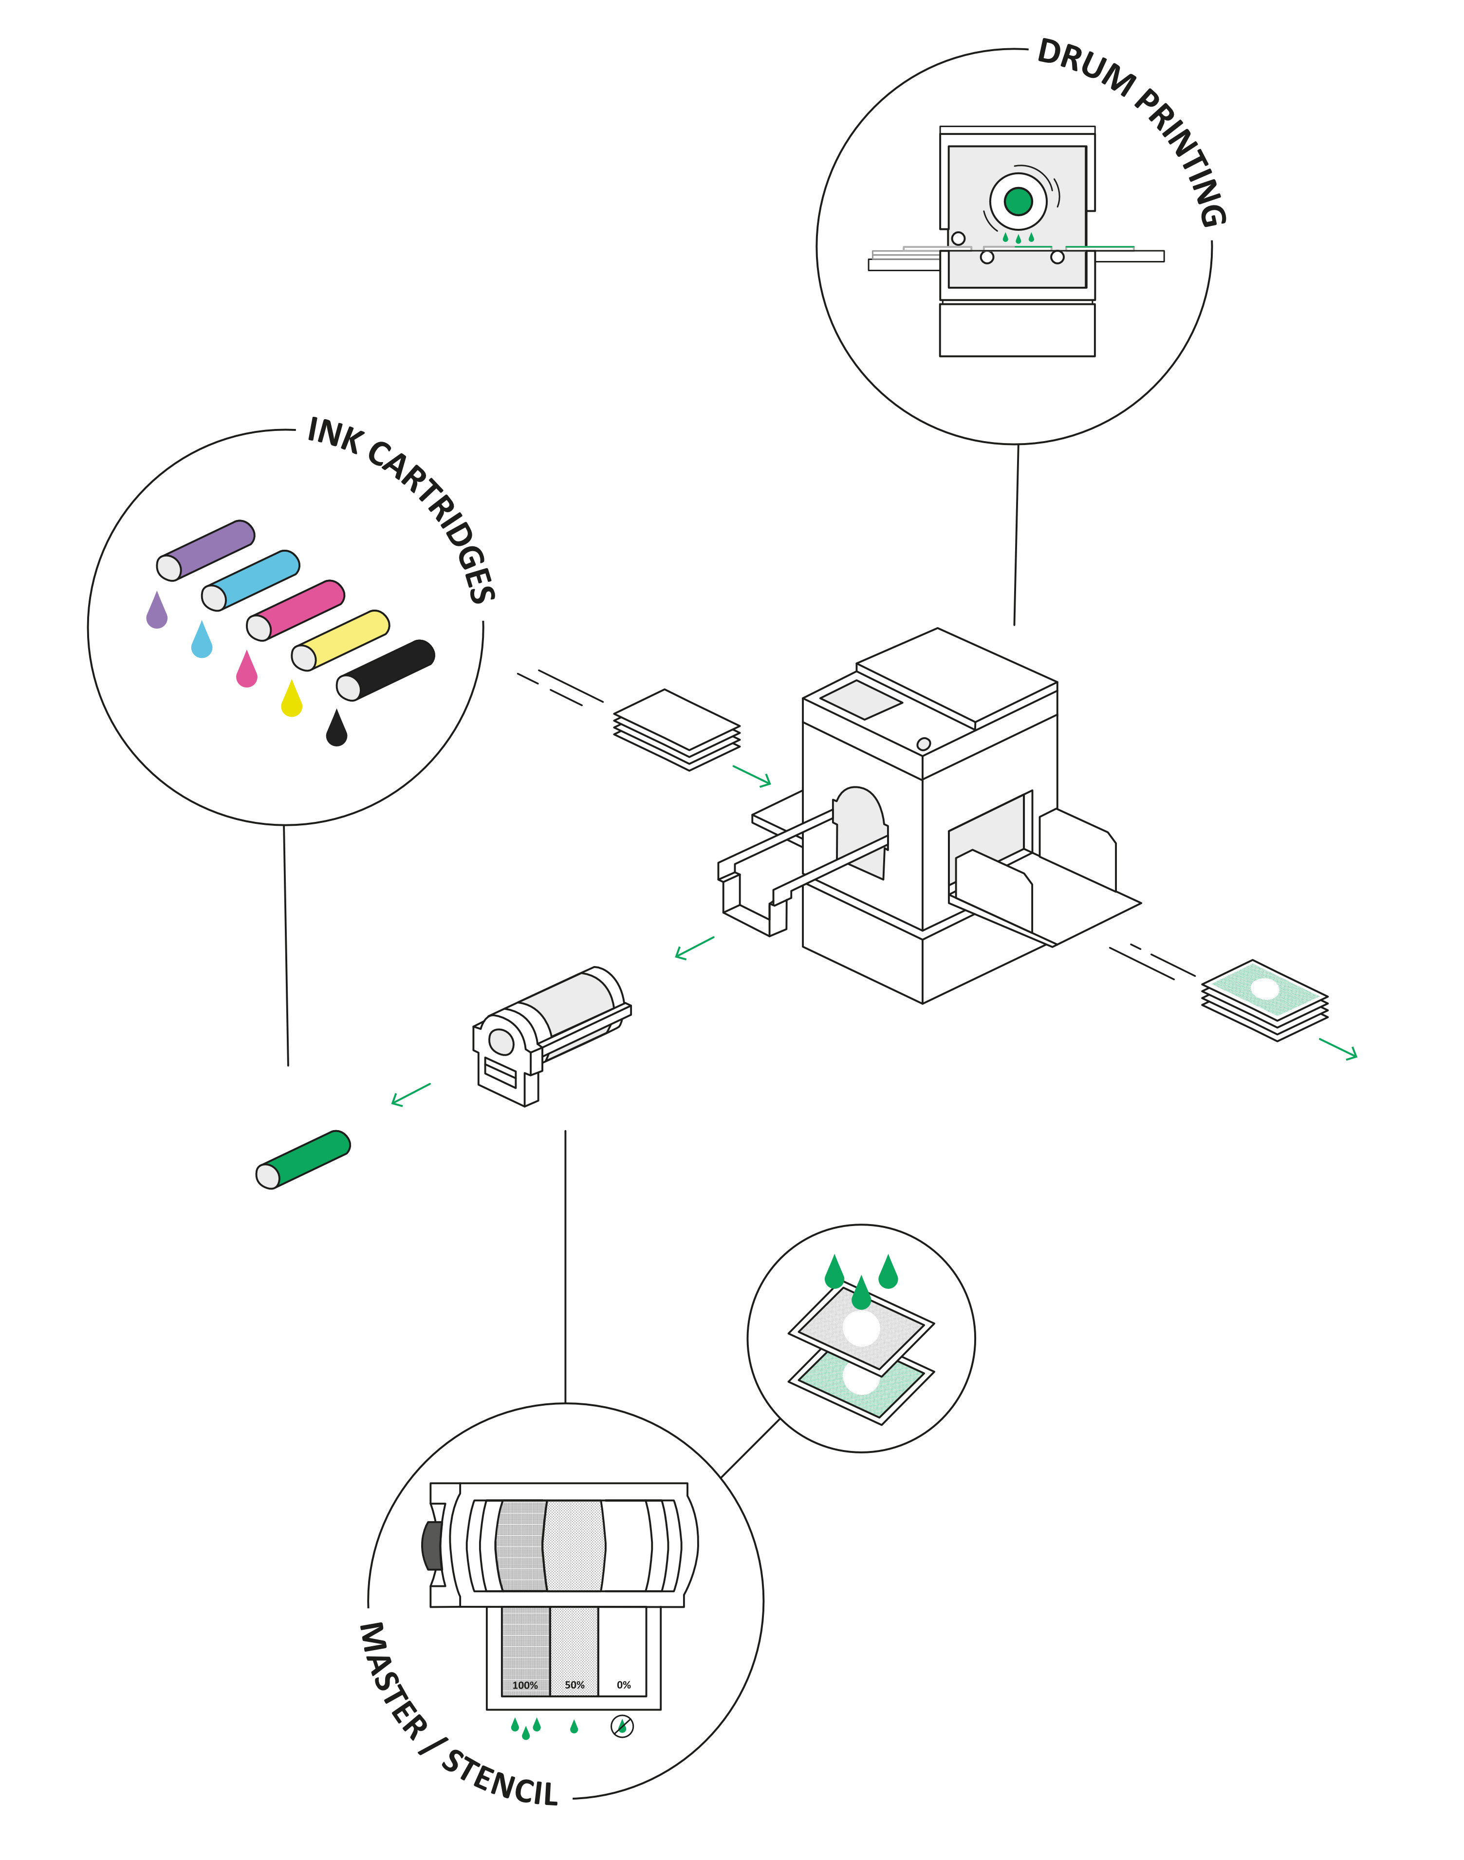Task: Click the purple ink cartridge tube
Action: click(206, 550)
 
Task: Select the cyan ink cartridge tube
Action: click(250, 580)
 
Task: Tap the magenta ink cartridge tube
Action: click(296, 610)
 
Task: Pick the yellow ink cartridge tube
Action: click(340, 640)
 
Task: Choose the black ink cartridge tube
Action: click(386, 670)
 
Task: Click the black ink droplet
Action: click(337, 728)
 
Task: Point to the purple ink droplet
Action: click(157, 610)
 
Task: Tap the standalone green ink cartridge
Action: click(303, 1160)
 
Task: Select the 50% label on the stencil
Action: click(574, 1685)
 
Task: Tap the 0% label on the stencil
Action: click(624, 1685)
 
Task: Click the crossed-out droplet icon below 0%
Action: click(622, 1726)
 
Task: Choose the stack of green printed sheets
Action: click(1265, 1000)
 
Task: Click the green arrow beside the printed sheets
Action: click(1338, 1049)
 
